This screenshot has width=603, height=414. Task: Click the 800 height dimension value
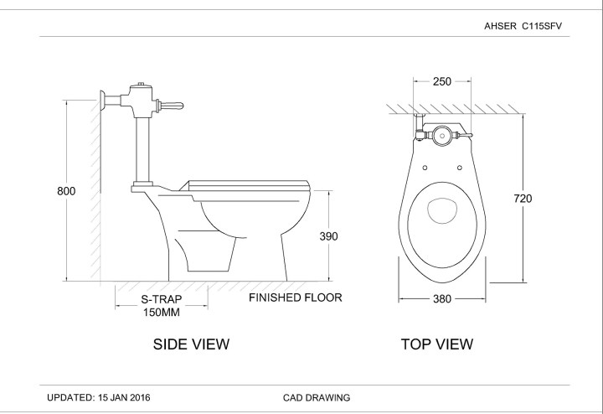66,191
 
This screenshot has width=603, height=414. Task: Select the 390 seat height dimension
328,236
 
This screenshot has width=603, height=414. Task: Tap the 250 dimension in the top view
442,81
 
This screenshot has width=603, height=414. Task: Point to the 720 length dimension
523,199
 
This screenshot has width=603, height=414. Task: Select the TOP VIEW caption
436,344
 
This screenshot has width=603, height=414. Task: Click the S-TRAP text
161,298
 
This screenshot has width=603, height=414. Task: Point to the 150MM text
161,312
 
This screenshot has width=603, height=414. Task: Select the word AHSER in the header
501,26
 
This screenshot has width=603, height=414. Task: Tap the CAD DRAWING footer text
317,397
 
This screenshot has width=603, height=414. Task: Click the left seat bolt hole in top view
425,168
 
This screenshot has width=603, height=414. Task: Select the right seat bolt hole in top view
460,168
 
